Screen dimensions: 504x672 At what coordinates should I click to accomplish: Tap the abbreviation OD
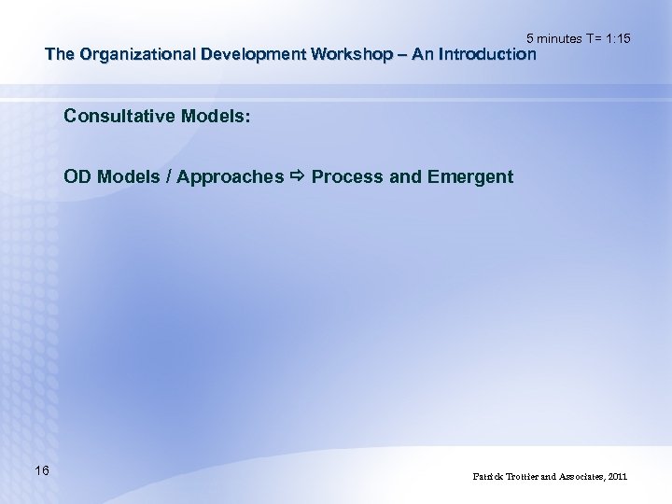click(x=77, y=176)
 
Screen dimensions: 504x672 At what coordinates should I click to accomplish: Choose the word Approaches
click(x=231, y=176)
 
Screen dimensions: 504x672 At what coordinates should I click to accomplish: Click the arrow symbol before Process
click(x=298, y=176)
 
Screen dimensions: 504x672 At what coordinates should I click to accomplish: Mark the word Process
click(x=346, y=176)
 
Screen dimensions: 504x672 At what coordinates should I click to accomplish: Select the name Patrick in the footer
click(x=490, y=476)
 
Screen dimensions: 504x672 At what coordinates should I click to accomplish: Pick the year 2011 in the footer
click(x=618, y=476)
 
